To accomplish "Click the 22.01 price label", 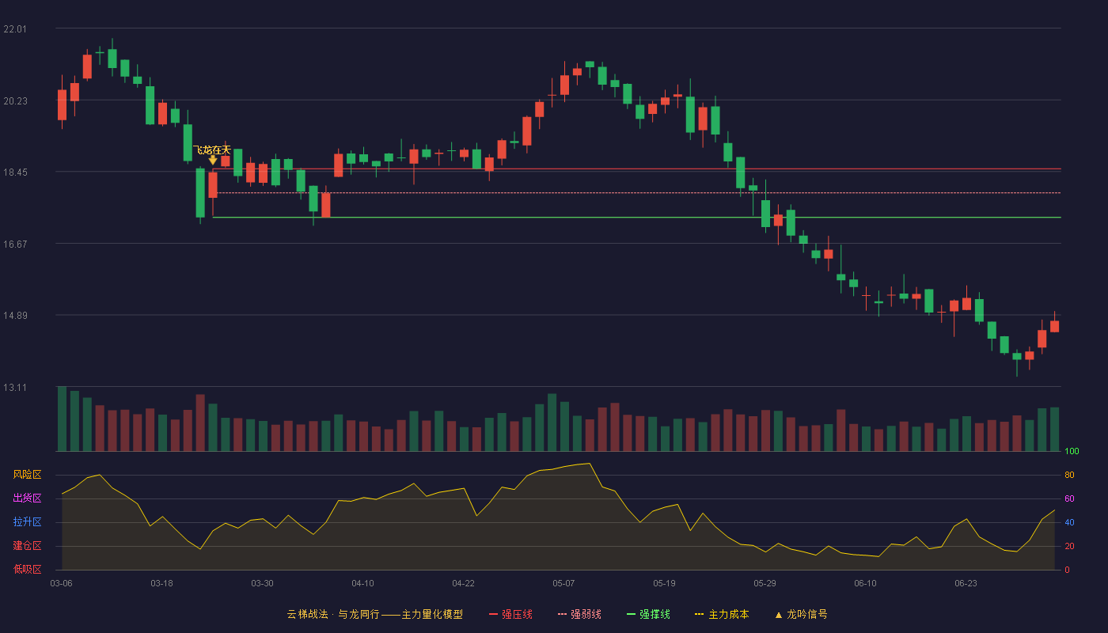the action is pyautogui.click(x=15, y=29).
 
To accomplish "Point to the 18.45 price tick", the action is pyautogui.click(x=15, y=172).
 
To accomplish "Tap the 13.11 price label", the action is pyautogui.click(x=15, y=388).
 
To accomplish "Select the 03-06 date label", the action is pyautogui.click(x=62, y=584).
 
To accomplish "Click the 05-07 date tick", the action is pyautogui.click(x=563, y=584).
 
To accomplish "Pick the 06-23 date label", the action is pyautogui.click(x=966, y=584).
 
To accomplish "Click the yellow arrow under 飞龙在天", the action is pyautogui.click(x=213, y=160).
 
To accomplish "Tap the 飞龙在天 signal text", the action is pyautogui.click(x=212, y=150).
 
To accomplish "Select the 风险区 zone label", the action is pyautogui.click(x=27, y=475).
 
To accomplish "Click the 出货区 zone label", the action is pyautogui.click(x=27, y=498).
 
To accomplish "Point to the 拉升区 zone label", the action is pyautogui.click(x=27, y=521).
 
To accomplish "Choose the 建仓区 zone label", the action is pyautogui.click(x=27, y=545).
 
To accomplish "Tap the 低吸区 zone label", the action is pyautogui.click(x=27, y=569).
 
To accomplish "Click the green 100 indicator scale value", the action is pyautogui.click(x=1072, y=451).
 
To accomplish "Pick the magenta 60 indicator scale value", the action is pyautogui.click(x=1069, y=498).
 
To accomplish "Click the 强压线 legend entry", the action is pyautogui.click(x=510, y=614).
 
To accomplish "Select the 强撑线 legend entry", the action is pyautogui.click(x=648, y=614).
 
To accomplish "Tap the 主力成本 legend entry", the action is pyautogui.click(x=722, y=614).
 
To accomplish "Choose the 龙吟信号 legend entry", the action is pyautogui.click(x=801, y=614).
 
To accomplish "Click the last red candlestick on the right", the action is pyautogui.click(x=1054, y=326).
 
